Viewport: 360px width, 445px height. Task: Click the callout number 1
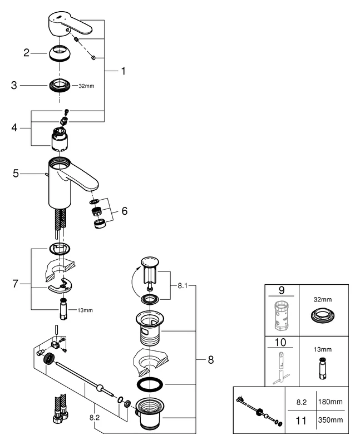coord(124,71)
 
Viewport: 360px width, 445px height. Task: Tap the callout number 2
coord(26,53)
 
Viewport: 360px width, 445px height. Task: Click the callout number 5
coord(16,174)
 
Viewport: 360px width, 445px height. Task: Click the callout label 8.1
coord(183,286)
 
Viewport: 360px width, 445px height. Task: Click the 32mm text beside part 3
coord(87,86)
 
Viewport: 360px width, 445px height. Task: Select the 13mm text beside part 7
coord(85,310)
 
